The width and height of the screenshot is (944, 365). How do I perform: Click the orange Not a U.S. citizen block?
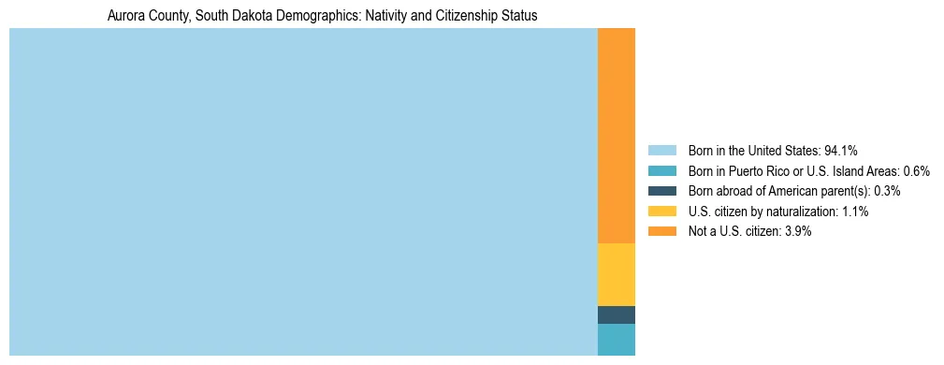point(616,136)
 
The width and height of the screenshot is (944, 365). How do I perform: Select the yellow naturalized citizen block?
point(616,274)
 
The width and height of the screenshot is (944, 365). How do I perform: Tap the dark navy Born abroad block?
point(616,314)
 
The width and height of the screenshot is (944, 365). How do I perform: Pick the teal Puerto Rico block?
point(616,339)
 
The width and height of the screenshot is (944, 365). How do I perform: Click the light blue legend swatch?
point(661,150)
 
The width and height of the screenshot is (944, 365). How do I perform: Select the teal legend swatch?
point(661,170)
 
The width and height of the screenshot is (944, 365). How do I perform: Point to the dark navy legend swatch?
point(661,191)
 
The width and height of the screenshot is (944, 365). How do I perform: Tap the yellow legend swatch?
point(661,212)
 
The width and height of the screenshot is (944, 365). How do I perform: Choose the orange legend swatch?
point(661,231)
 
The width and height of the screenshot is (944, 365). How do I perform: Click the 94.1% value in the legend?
point(841,150)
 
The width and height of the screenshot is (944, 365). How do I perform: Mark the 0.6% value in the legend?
point(916,170)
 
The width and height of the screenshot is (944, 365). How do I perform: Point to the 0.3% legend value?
point(887,191)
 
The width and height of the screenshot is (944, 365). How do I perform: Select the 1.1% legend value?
point(855,212)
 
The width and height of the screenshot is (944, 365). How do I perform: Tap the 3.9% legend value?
point(798,231)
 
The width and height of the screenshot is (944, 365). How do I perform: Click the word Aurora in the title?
point(126,16)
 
